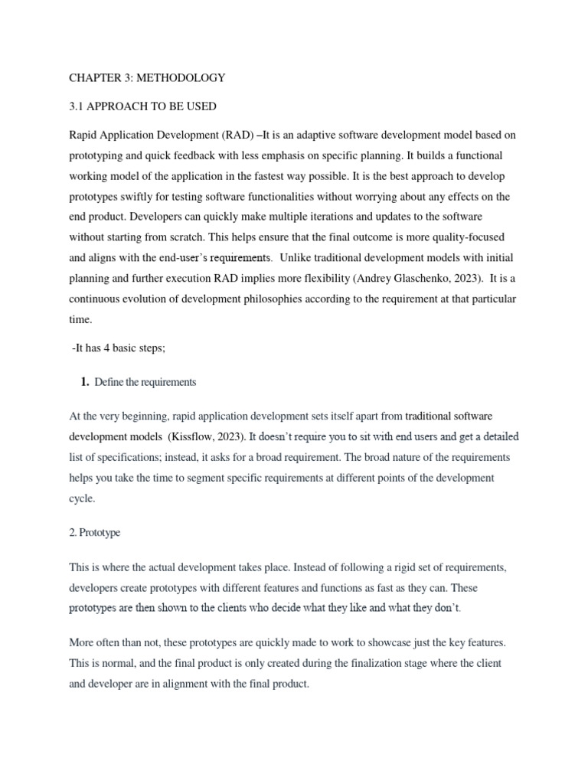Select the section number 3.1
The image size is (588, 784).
77,106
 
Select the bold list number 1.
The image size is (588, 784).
85,381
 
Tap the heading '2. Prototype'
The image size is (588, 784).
95,532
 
